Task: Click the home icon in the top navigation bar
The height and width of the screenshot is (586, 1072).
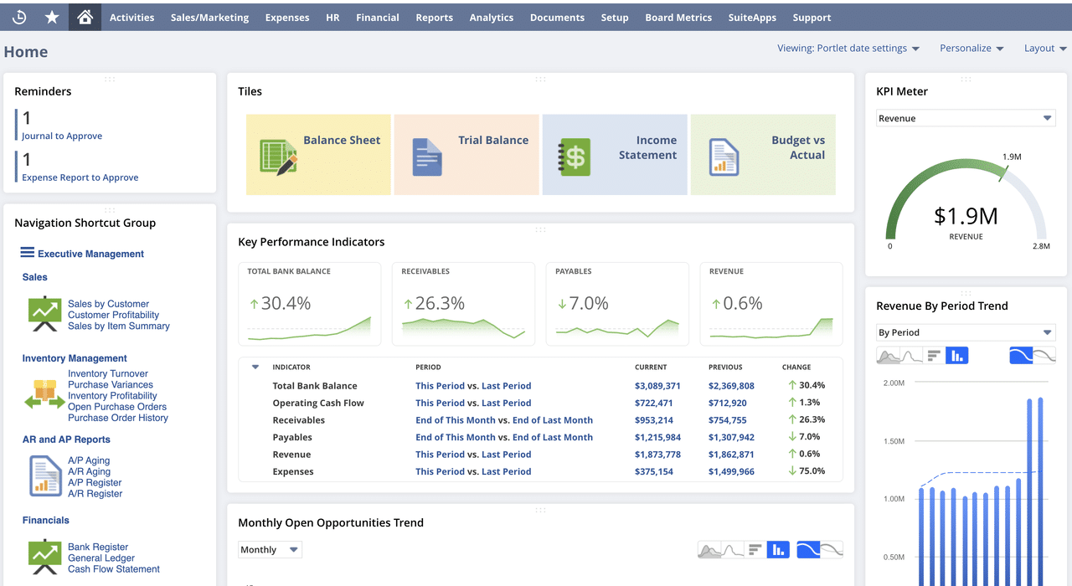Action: click(85, 17)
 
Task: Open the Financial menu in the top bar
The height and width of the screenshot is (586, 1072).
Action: click(377, 17)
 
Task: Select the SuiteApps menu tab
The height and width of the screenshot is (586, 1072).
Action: click(751, 17)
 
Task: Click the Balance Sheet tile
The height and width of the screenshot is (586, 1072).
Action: click(318, 155)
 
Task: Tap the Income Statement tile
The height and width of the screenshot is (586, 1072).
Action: click(615, 155)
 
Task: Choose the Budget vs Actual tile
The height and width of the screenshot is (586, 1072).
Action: click(763, 155)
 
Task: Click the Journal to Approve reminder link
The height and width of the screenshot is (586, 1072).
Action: click(62, 136)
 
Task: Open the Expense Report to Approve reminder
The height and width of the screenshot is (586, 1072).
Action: click(80, 177)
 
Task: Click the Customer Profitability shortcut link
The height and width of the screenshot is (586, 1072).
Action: click(113, 316)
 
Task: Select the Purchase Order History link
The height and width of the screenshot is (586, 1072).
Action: click(118, 418)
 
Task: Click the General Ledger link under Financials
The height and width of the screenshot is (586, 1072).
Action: click(101, 558)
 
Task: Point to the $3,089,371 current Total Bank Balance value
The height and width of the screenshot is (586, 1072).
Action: click(657, 386)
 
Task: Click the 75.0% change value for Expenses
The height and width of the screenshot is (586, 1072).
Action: click(811, 471)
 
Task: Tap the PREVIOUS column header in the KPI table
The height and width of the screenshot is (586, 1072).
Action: click(725, 367)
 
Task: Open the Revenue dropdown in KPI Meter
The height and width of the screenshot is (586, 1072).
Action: click(965, 119)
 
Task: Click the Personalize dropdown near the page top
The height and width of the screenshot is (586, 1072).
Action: click(971, 49)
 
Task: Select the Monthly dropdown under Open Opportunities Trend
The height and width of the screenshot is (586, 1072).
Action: click(270, 550)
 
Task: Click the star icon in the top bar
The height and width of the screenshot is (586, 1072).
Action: click(52, 17)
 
